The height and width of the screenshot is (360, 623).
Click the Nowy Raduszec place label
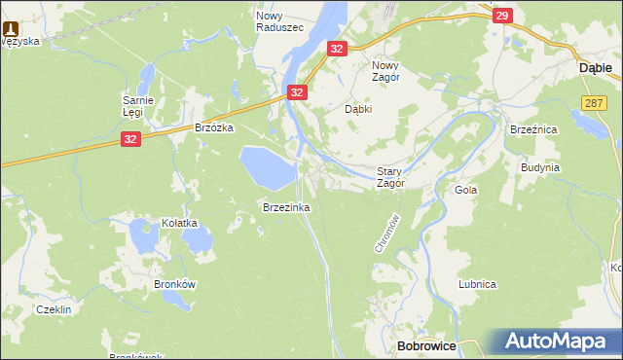point(279,21)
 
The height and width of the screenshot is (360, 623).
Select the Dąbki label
point(360,109)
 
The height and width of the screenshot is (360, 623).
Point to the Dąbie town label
point(595,68)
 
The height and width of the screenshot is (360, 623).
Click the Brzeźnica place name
point(532,128)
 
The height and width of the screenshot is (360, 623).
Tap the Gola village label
point(466,190)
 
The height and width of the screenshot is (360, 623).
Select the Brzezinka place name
point(285,207)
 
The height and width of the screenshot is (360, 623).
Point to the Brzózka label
point(214,127)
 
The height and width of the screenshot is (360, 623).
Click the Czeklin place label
point(53,308)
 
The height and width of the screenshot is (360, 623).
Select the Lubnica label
point(478,284)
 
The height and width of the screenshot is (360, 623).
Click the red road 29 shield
point(502,16)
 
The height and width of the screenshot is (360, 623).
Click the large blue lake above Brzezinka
point(268,166)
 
